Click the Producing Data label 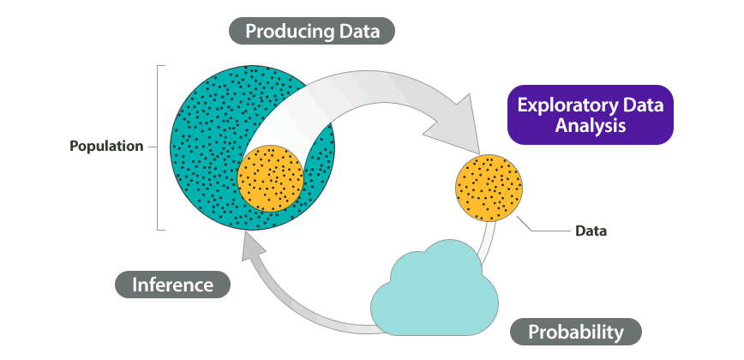click(312, 32)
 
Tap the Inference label click(172, 285)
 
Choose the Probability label click(575, 332)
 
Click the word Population click(106, 146)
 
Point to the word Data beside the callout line click(591, 231)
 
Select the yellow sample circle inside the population click(270, 178)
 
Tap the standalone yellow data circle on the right click(489, 187)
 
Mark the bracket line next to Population click(158, 147)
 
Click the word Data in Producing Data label click(356, 32)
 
